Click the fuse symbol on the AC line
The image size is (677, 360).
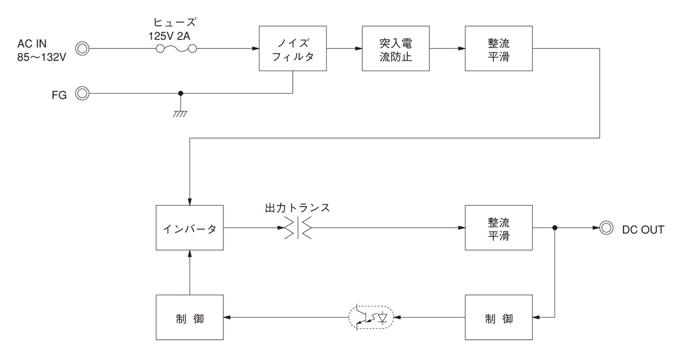pos(175,49)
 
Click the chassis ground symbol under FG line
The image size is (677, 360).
pos(181,112)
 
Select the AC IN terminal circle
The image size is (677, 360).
pos(82,49)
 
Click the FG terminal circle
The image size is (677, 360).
pos(82,94)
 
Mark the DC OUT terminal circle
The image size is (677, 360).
pos(606,229)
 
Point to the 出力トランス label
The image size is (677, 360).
pos(297,207)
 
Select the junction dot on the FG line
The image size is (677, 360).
pos(181,94)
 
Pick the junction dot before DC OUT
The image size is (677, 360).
pos(555,229)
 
